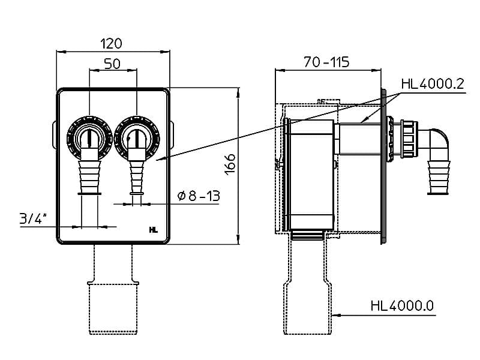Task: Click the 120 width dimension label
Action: [x=112, y=43]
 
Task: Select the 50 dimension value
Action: [x=112, y=64]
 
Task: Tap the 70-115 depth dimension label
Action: [x=326, y=62]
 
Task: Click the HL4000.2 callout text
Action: [x=433, y=84]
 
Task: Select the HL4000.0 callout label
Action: [x=402, y=306]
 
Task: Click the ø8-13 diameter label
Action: [x=198, y=196]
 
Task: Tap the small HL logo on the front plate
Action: [x=153, y=229]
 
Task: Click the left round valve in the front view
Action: [x=89, y=137]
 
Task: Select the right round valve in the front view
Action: [x=137, y=137]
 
